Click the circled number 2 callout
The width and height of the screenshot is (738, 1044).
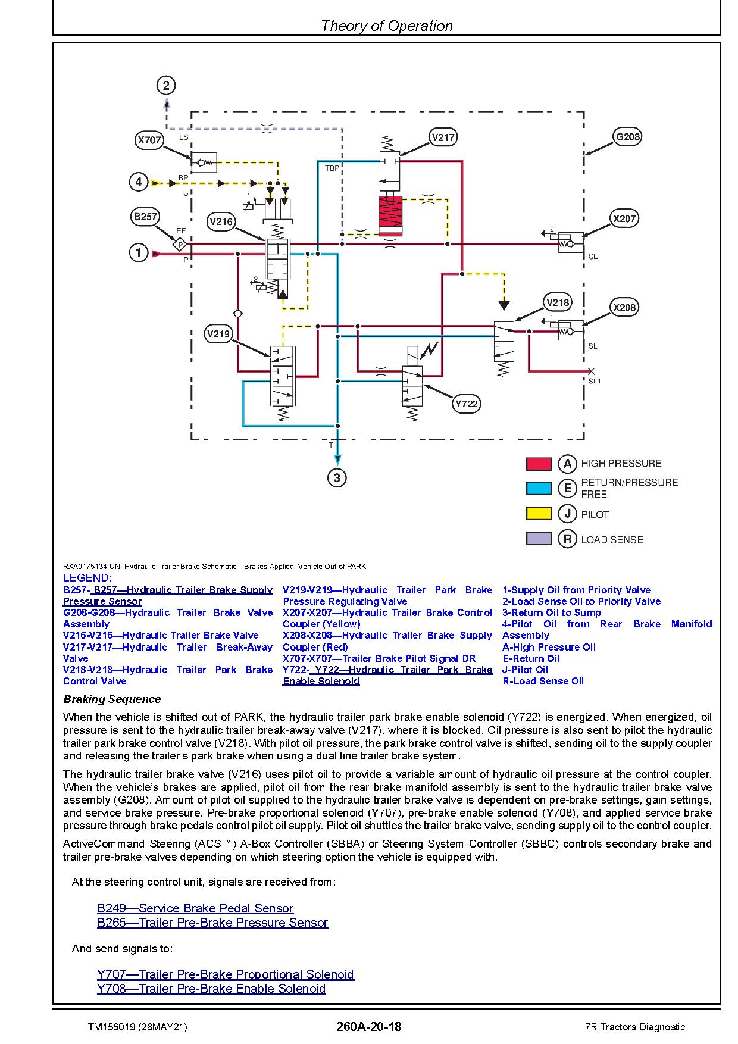tap(166, 86)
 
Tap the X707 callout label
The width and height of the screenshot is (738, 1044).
tap(149, 140)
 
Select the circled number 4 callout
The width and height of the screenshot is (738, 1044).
tap(139, 182)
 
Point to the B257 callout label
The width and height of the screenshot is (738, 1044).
tap(145, 217)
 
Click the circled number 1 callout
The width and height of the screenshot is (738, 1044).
tap(139, 253)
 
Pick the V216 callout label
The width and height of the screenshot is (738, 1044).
tap(221, 222)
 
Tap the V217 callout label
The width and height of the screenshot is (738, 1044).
tap(443, 137)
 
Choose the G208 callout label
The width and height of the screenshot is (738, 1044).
tap(628, 137)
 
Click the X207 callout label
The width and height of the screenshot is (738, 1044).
tap(625, 218)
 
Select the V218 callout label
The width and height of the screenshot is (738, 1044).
tap(558, 302)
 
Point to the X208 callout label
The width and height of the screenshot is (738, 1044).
tap(624, 307)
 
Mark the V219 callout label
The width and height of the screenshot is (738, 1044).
tap(218, 334)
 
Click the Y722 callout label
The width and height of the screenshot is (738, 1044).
tap(466, 404)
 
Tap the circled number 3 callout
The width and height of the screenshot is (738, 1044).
tap(337, 478)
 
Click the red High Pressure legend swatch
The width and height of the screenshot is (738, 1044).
tap(539, 463)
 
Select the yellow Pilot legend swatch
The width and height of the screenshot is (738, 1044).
tap(539, 514)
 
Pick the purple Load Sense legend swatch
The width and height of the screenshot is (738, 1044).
tap(539, 539)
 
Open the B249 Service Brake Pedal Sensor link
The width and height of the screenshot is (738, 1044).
tap(195, 908)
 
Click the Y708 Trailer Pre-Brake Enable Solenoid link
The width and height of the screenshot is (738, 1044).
tap(211, 989)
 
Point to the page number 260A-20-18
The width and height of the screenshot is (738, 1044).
tap(369, 1027)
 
